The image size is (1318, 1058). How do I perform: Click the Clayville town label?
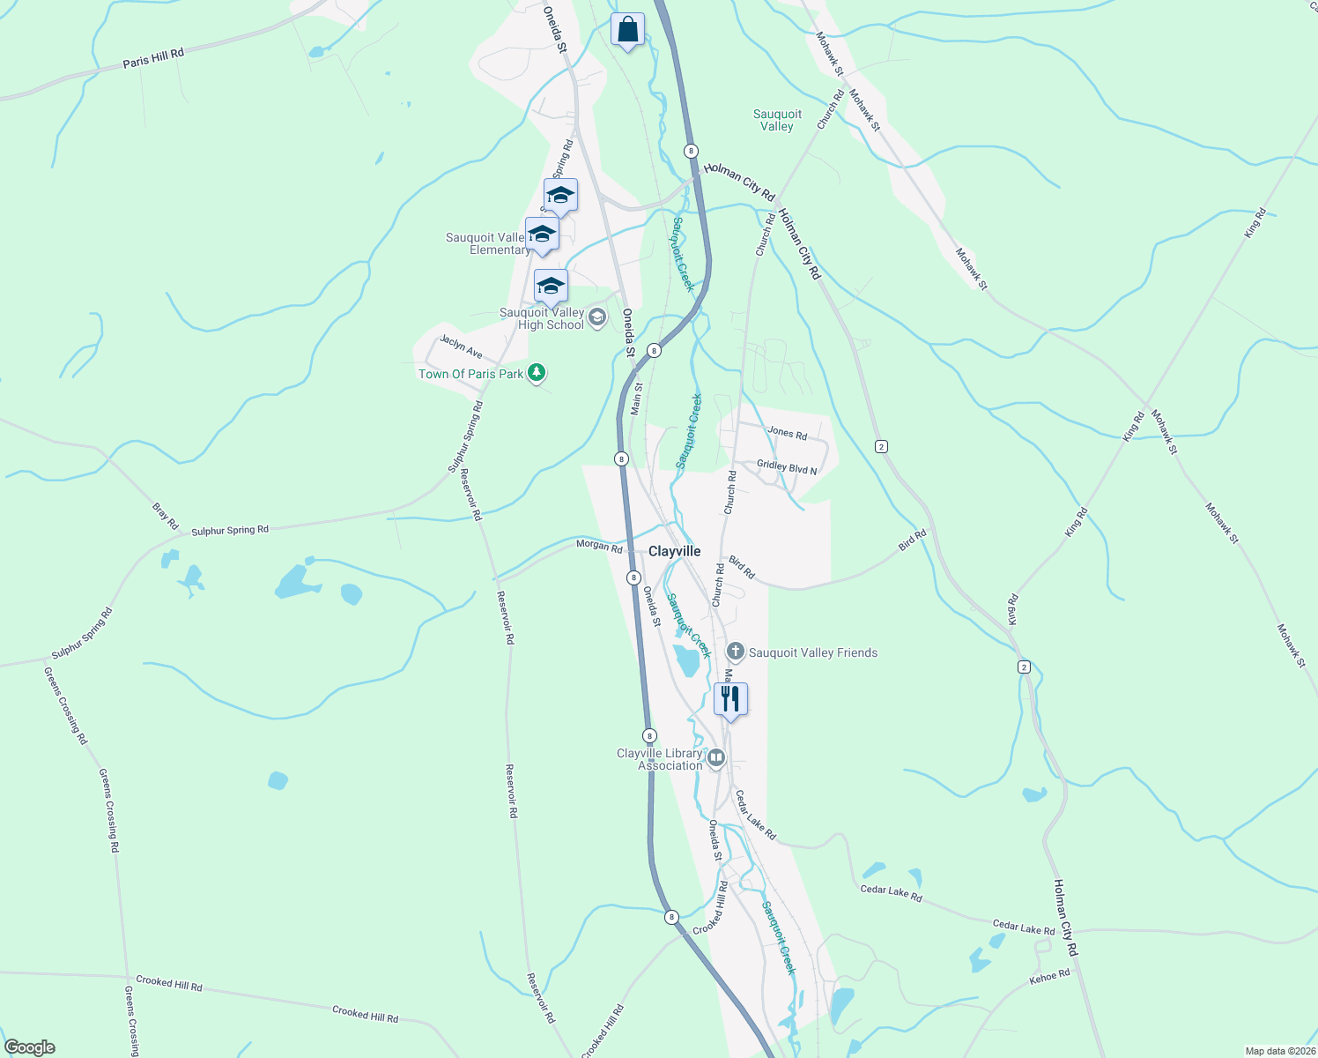point(675,551)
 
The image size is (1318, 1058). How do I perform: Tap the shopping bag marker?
point(627,30)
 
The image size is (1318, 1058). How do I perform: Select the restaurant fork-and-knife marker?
point(730,699)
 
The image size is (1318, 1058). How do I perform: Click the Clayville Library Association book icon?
point(717,757)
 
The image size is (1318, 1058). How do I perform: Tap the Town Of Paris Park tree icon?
point(537,373)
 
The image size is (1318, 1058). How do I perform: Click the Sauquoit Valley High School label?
point(542,318)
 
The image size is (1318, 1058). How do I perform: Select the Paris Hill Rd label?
point(153,58)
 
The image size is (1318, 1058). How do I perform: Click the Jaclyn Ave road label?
point(462,346)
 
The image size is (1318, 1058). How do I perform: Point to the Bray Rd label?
point(166,516)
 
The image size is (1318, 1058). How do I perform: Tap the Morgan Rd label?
point(599,547)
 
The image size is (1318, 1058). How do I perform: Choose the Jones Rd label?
point(787,433)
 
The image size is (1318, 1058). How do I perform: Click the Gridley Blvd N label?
point(787,467)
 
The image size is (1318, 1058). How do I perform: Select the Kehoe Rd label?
point(1049,977)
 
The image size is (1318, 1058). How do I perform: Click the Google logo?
point(29,1047)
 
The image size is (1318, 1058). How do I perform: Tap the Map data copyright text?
point(1279,1051)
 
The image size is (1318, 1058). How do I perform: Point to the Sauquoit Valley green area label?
point(777,120)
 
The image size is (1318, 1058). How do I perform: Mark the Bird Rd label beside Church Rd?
point(742,568)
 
